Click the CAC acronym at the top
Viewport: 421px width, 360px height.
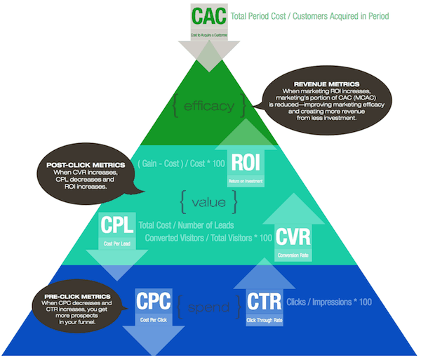tap(210, 15)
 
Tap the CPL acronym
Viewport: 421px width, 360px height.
tap(116, 226)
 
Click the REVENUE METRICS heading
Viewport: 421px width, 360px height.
tap(319, 84)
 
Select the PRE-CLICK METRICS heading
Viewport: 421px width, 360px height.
tap(69, 292)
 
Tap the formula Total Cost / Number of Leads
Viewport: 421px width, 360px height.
tap(192, 225)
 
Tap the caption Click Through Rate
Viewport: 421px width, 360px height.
tap(264, 319)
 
